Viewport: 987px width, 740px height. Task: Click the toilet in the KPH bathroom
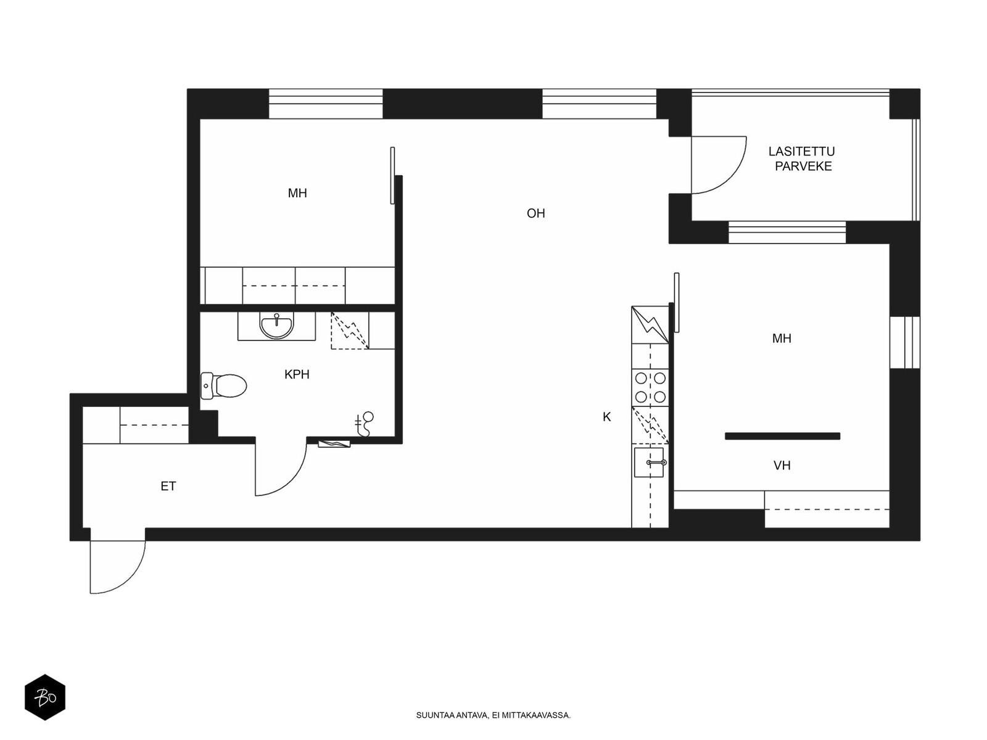click(x=223, y=385)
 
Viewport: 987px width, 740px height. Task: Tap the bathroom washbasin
click(x=276, y=326)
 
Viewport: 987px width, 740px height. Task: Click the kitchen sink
click(x=649, y=462)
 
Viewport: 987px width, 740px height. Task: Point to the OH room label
click(x=535, y=213)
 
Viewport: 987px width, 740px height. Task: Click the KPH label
click(x=297, y=374)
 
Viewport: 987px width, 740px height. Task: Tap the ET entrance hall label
click(x=168, y=486)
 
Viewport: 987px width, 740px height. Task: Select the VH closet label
click(x=782, y=466)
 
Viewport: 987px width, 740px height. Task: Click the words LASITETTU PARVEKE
click(x=802, y=158)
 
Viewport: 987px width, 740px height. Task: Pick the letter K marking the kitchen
click(x=606, y=417)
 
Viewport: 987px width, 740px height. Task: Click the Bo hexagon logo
click(x=45, y=697)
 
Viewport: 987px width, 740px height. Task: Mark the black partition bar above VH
click(x=782, y=436)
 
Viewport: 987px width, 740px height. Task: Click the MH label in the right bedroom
click(x=782, y=339)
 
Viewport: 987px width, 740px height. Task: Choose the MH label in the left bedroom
click(x=297, y=193)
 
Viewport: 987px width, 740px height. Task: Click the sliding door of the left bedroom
click(x=392, y=175)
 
